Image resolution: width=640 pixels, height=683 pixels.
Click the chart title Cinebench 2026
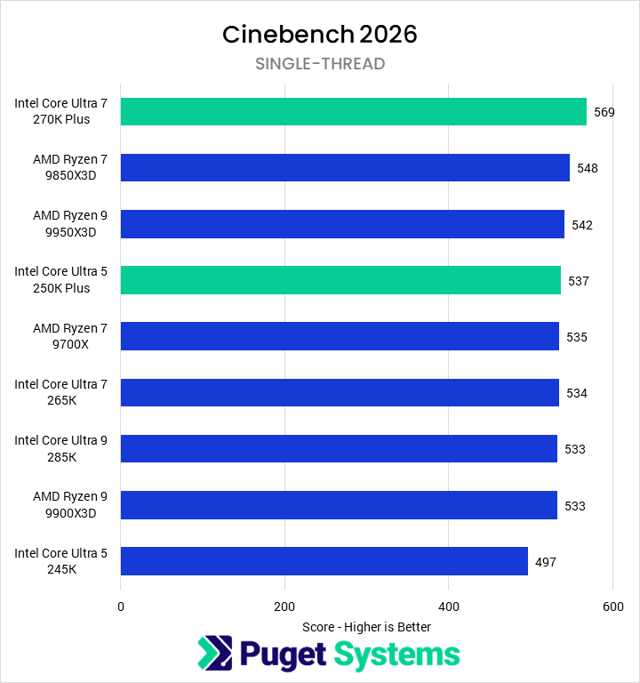click(x=319, y=34)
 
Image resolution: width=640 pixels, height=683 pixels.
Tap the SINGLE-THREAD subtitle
click(x=320, y=63)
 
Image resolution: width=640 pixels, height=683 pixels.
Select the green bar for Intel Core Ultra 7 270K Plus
click(x=353, y=111)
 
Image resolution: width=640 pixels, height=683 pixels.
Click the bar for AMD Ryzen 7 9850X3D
click(x=345, y=167)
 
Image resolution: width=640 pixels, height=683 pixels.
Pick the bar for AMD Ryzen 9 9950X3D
click(x=342, y=224)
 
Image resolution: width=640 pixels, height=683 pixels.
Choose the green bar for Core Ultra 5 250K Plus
click(x=340, y=280)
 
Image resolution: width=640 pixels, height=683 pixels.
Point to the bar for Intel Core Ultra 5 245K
click(x=324, y=561)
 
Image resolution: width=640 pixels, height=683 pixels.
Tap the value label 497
click(x=546, y=562)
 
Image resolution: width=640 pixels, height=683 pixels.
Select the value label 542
click(x=582, y=225)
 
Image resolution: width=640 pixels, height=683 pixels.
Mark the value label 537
click(x=579, y=281)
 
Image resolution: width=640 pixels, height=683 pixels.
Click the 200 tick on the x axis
click(x=284, y=607)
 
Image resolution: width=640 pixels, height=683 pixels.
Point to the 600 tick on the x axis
click(x=612, y=607)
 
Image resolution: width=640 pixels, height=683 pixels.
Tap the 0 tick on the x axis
click(x=121, y=607)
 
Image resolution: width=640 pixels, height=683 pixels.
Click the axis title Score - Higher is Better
click(x=366, y=627)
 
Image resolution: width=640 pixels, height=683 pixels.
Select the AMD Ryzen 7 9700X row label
click(x=61, y=336)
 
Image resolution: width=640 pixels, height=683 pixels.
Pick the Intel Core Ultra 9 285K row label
click(x=60, y=449)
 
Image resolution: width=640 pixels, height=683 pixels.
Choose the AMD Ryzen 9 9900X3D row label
click(x=61, y=505)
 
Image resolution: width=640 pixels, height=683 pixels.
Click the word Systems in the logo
click(x=396, y=655)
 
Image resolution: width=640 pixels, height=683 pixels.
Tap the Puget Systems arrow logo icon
click(x=214, y=654)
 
